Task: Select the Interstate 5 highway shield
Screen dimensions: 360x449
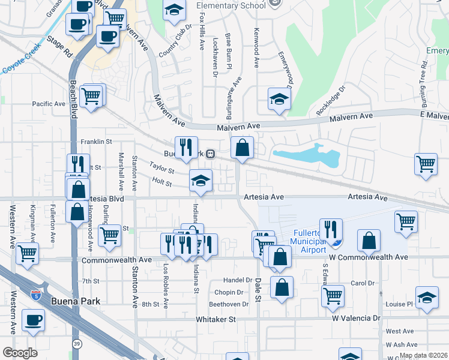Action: point(35,294)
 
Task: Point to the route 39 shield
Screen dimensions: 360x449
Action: point(77,343)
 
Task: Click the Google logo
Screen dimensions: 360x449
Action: point(20,352)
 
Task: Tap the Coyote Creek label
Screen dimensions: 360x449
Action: point(23,58)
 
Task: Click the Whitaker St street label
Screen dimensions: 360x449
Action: point(215,320)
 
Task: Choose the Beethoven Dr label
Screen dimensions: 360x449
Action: point(229,304)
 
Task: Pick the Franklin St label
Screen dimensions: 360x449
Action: point(97,142)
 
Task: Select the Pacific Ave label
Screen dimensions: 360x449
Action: point(49,104)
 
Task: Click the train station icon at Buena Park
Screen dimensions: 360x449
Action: point(210,154)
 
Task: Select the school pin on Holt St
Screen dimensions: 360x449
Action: point(200,180)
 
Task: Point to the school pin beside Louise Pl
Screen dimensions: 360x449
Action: point(427,299)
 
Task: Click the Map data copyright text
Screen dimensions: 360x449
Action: point(423,355)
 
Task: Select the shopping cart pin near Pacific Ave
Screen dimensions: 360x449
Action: point(91,95)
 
